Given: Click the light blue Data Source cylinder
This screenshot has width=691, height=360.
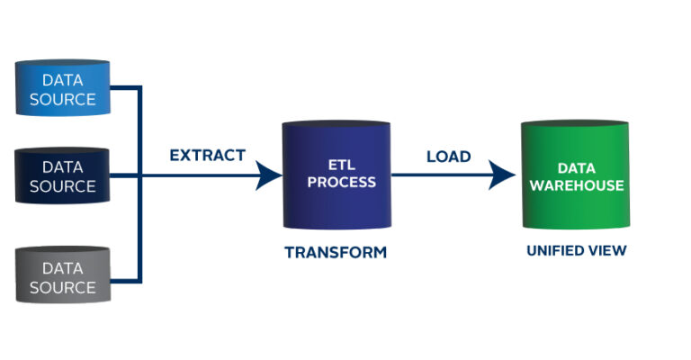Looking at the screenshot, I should click(x=62, y=88).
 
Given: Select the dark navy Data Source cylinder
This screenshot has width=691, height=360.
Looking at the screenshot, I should click(x=62, y=175).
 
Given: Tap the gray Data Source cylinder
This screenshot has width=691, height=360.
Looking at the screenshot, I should click(x=62, y=277).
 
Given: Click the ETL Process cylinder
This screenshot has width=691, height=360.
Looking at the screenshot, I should click(x=336, y=175).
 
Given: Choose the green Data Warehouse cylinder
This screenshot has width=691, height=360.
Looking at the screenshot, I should click(x=577, y=175).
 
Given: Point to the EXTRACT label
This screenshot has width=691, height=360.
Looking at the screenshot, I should click(x=207, y=155).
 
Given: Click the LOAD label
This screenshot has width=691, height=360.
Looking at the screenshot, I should click(x=448, y=157).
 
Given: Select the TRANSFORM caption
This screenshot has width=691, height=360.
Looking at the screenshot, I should click(x=336, y=253).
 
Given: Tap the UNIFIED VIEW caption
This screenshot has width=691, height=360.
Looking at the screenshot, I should click(x=576, y=251).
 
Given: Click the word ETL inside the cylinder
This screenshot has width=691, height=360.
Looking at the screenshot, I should click(x=336, y=164).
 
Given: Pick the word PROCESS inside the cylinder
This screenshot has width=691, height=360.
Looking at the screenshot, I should click(x=336, y=182).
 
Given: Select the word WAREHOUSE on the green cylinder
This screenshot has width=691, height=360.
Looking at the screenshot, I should click(x=577, y=185).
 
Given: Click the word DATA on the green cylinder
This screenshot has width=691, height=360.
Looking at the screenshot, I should click(x=577, y=168).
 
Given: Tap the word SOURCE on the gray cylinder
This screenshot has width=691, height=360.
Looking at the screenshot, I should click(x=62, y=288).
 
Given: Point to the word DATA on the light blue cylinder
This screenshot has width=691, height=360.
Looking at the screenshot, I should click(x=62, y=79).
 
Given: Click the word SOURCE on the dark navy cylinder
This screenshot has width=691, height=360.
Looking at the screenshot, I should click(x=62, y=186).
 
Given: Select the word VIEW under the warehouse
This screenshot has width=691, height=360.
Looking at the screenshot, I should click(x=607, y=251).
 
